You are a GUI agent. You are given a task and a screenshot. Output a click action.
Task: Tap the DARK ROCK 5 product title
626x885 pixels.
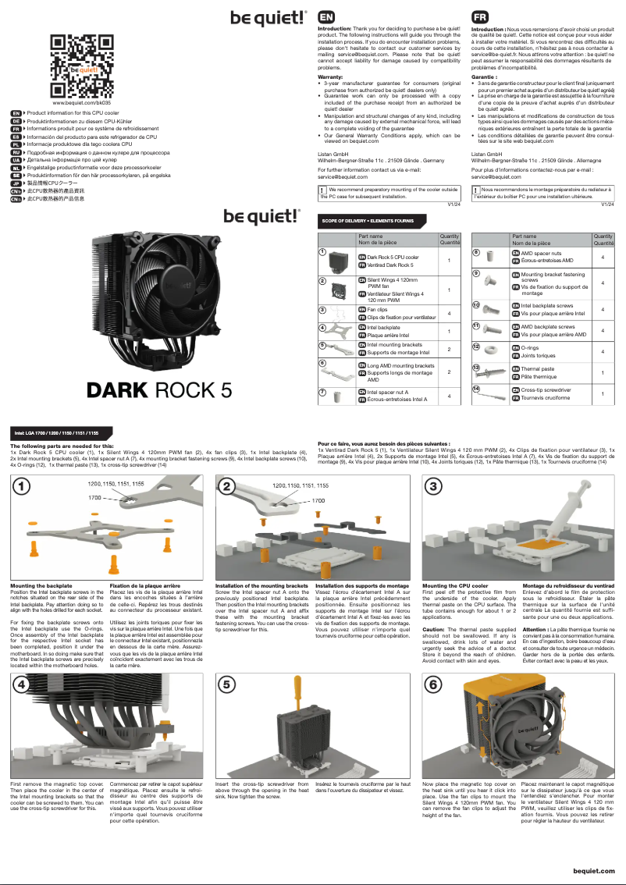159,388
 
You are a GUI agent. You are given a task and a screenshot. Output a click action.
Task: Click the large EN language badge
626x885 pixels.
327,16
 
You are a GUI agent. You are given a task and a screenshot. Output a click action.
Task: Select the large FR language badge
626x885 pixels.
482,16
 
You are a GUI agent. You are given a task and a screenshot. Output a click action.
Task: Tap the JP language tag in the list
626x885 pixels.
16,183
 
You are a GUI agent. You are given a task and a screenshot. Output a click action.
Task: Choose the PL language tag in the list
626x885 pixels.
16,144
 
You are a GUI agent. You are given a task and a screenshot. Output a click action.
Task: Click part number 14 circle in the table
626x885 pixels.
476,388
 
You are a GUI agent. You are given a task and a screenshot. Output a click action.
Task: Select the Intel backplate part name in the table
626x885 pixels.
383,328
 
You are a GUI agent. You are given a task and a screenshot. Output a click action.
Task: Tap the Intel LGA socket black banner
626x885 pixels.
57,432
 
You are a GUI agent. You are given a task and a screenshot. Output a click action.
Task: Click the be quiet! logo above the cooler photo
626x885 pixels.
261,215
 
